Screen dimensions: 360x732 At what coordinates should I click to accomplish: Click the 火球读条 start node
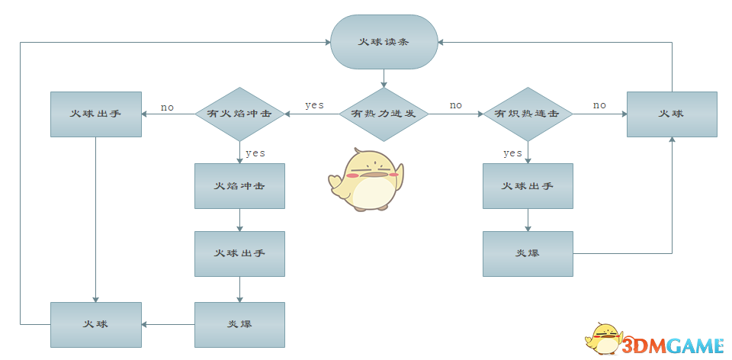[384, 42]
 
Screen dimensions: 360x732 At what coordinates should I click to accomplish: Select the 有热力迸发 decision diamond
[384, 114]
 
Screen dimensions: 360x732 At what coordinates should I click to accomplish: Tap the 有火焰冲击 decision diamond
[239, 114]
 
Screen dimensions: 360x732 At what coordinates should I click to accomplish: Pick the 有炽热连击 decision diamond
[527, 114]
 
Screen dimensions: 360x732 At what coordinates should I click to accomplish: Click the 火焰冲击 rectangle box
[239, 186]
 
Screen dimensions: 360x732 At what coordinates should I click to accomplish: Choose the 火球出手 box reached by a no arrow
[95, 114]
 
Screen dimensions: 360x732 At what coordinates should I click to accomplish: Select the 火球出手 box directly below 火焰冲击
[239, 253]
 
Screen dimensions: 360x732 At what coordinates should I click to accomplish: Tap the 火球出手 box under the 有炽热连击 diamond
[527, 186]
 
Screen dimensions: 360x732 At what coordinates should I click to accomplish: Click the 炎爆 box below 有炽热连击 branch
[527, 253]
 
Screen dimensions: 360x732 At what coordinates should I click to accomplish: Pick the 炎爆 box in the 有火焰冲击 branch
[239, 325]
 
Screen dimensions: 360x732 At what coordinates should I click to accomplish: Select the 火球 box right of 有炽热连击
[672, 114]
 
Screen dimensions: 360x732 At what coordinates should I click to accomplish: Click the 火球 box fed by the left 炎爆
[95, 325]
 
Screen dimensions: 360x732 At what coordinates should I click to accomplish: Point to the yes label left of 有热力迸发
[314, 105]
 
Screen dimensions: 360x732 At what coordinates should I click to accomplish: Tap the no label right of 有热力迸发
[455, 105]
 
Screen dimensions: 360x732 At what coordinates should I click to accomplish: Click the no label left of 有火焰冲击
[167, 108]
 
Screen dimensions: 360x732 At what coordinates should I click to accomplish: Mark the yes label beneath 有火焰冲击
[255, 153]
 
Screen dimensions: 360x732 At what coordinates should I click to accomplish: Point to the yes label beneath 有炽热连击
[512, 153]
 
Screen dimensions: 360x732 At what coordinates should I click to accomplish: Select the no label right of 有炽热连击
[599, 105]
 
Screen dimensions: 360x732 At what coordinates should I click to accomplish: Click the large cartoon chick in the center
[366, 180]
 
